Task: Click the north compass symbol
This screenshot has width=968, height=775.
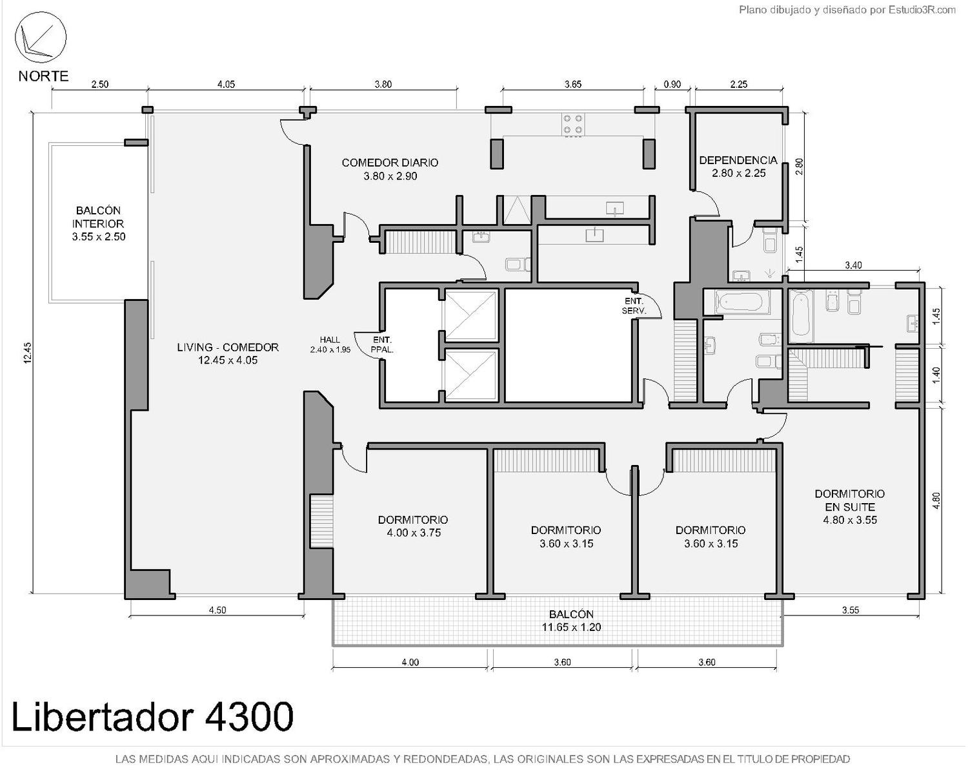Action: [41, 37]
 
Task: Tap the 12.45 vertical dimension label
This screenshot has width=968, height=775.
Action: [28, 353]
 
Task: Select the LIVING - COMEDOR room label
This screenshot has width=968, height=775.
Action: [228, 353]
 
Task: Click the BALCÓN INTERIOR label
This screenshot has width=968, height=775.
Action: [99, 223]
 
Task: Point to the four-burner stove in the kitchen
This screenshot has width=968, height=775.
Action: [572, 125]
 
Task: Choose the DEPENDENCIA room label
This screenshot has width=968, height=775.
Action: [738, 167]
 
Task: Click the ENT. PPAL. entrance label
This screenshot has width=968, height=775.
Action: [382, 344]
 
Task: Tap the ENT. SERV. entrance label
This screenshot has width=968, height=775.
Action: [634, 305]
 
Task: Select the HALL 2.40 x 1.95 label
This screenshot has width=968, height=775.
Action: [330, 344]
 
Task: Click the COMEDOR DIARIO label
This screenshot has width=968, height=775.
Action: [390, 169]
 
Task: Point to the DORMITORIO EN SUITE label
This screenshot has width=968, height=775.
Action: [850, 506]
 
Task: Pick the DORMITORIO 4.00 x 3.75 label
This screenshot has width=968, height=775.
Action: [413, 526]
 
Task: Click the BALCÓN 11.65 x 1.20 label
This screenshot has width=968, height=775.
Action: [571, 621]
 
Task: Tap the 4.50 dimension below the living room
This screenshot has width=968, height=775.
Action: [217, 610]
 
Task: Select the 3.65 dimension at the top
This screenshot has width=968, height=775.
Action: [573, 84]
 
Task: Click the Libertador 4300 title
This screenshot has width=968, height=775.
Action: [152, 716]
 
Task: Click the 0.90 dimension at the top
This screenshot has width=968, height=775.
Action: [672, 84]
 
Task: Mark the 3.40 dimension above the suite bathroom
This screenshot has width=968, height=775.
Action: [853, 265]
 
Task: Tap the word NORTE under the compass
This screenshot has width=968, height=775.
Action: [44, 76]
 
